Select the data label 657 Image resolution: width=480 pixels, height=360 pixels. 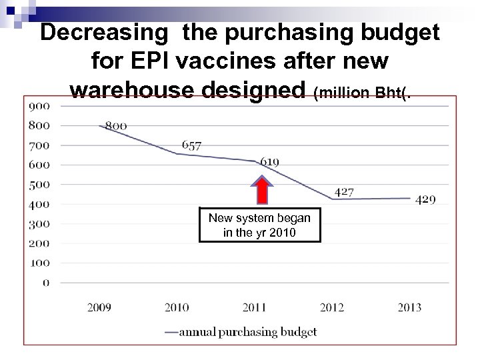tap(191, 146)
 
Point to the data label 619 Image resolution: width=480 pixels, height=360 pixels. tap(269, 161)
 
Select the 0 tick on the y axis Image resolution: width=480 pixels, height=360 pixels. tap(46, 283)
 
